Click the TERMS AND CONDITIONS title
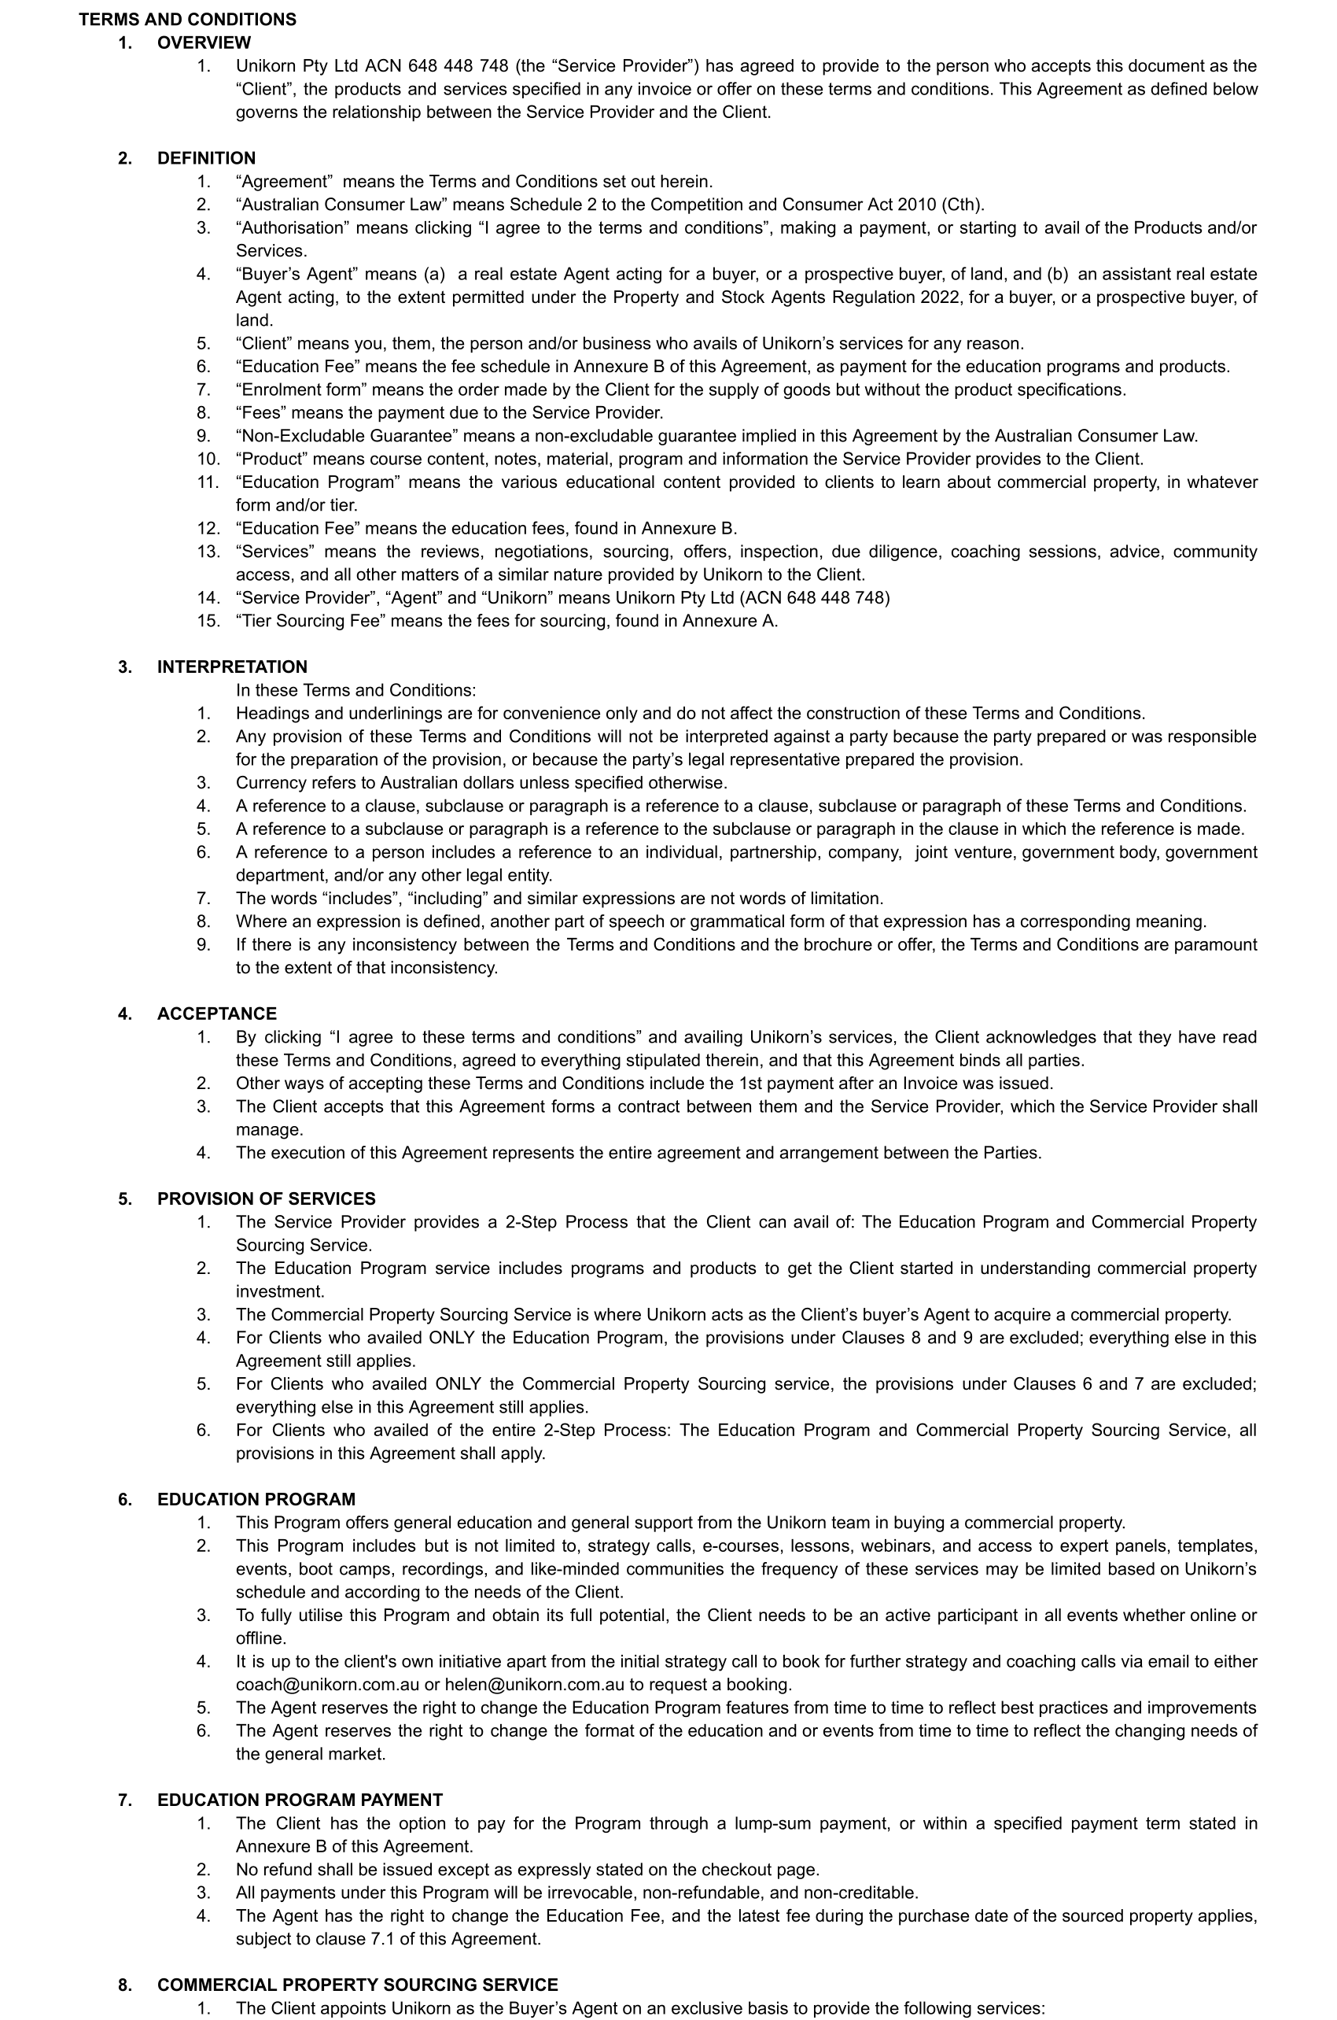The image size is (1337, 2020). [188, 19]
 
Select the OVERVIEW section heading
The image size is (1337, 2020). [204, 42]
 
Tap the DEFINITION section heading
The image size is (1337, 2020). [205, 158]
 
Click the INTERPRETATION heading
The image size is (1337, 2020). [232, 667]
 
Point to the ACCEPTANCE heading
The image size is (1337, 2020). [216, 1014]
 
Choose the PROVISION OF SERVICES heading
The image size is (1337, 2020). [266, 1198]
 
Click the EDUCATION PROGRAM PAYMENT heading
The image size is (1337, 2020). [300, 1800]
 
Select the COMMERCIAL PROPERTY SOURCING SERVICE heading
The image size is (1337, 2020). [357, 1985]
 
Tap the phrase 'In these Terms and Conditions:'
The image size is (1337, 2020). [355, 690]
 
